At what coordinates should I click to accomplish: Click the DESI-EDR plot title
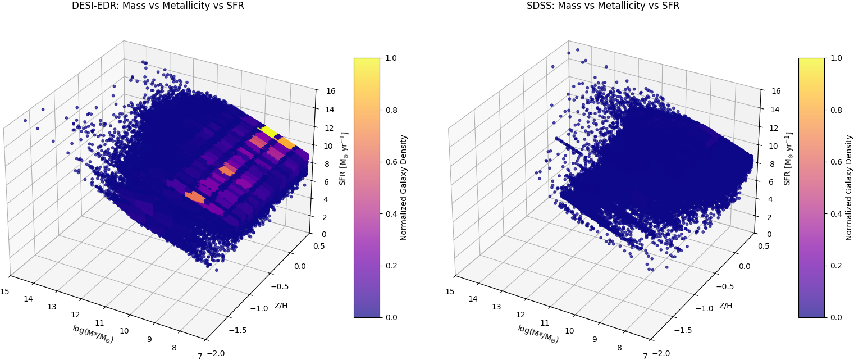tap(158, 6)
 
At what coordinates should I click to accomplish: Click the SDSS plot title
tap(602, 6)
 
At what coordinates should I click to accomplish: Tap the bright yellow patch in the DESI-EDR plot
tap(267, 132)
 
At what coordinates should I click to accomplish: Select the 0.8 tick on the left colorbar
tap(392, 110)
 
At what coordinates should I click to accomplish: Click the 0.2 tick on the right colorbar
tap(837, 266)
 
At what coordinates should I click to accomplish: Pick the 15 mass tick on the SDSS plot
tap(450, 291)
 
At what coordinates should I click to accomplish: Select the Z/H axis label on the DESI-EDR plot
tap(281, 306)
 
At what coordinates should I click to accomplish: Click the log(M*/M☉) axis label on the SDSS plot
tap(538, 334)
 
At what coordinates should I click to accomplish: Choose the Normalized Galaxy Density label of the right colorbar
tap(849, 188)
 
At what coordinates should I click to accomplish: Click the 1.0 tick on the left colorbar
tap(392, 58)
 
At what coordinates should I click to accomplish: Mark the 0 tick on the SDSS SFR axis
tap(766, 234)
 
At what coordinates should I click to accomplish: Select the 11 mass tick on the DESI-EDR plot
tap(100, 323)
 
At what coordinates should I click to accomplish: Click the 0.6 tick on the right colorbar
tap(837, 162)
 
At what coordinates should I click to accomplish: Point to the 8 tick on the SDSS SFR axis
tap(766, 164)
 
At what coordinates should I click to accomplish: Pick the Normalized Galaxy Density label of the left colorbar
tap(404, 188)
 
